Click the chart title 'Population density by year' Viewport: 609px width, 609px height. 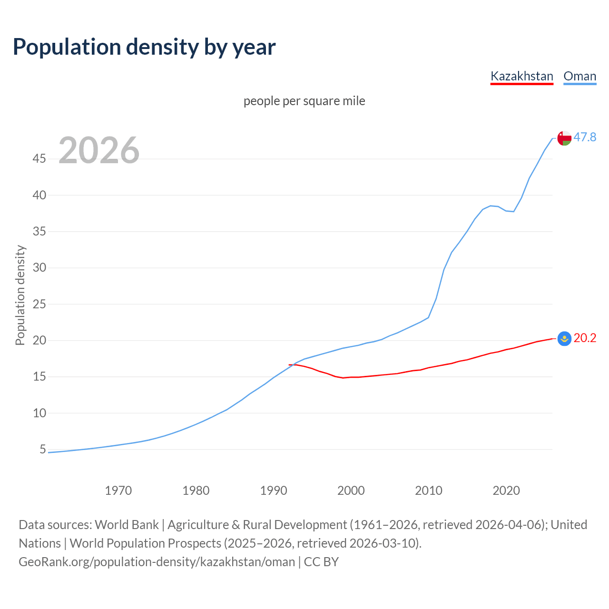tap(144, 47)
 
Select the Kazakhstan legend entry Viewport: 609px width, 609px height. tap(521, 76)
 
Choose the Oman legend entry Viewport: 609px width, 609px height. tap(580, 76)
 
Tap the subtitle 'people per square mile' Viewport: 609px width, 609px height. tap(304, 101)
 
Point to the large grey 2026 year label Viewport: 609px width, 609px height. tap(99, 150)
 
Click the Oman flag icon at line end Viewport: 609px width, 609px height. tap(564, 138)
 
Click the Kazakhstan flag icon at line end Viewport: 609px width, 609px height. tap(564, 339)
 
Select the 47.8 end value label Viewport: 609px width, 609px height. tap(585, 137)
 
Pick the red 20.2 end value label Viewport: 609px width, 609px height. tap(585, 338)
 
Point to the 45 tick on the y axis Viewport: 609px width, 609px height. tap(39, 159)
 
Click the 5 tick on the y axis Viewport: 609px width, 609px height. tap(43, 449)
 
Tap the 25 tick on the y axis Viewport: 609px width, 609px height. tap(39, 304)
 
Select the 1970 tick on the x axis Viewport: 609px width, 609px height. tap(118, 491)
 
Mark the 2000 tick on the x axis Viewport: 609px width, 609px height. tap(351, 491)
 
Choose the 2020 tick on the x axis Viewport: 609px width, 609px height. tap(506, 491)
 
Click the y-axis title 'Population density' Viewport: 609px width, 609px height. tap(20, 295)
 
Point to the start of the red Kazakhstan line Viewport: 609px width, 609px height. tap(289, 364)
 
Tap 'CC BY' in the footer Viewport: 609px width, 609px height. tap(321, 562)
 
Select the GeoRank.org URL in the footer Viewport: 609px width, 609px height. tap(157, 562)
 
